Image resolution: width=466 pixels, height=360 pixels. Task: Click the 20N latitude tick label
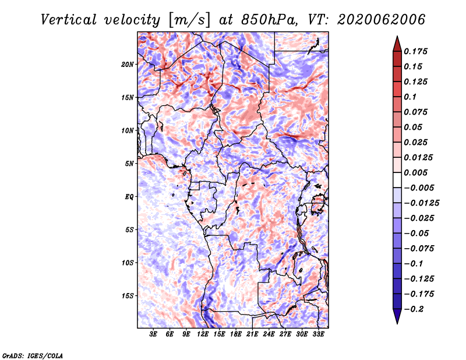pos(128,64)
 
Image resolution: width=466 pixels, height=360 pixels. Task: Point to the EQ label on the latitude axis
pos(129,197)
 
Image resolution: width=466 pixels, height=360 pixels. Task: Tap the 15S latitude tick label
pos(128,296)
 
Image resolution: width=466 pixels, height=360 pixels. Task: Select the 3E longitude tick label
pos(153,334)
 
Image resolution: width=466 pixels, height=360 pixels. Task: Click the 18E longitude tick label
pos(236,334)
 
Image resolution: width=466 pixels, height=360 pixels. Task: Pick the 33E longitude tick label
pos(318,334)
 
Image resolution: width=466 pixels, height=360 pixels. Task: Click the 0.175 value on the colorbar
pos(415,51)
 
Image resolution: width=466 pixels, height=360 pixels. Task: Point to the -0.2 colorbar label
pos(414,309)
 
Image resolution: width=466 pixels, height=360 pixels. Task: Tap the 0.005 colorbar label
pos(415,172)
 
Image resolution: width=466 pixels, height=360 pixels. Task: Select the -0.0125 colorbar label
pos(421,203)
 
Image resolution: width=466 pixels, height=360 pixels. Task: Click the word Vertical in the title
pos(69,20)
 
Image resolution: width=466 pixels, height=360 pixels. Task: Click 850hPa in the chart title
pos(269,20)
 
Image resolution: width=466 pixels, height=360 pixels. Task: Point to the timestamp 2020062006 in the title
pos(382,20)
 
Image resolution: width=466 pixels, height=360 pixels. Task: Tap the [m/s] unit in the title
pos(189,20)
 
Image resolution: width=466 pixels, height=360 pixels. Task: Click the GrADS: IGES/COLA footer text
pos(33,356)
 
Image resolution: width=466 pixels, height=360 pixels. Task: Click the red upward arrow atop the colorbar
pos(397,44)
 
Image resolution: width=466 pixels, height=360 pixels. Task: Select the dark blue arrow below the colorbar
pos(397,316)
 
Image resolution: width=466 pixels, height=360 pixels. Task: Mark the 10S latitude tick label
pos(128,263)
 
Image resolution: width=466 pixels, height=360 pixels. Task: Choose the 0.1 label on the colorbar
pos(410,97)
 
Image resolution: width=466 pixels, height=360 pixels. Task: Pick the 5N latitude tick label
pos(129,164)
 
